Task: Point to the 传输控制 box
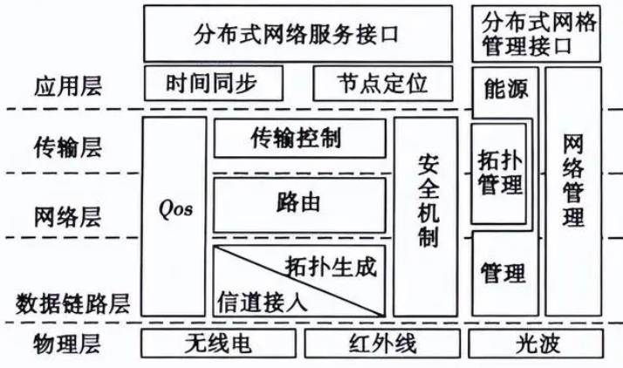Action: [x=299, y=138]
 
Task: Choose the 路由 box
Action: [x=299, y=202]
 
